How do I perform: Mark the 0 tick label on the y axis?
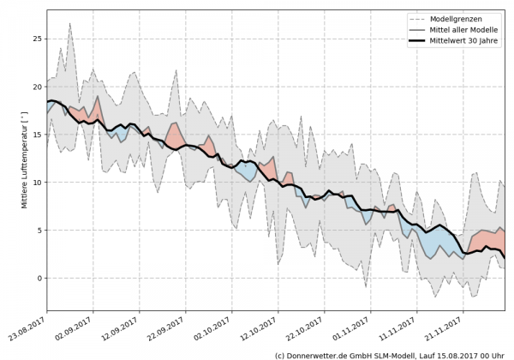[39, 279]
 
